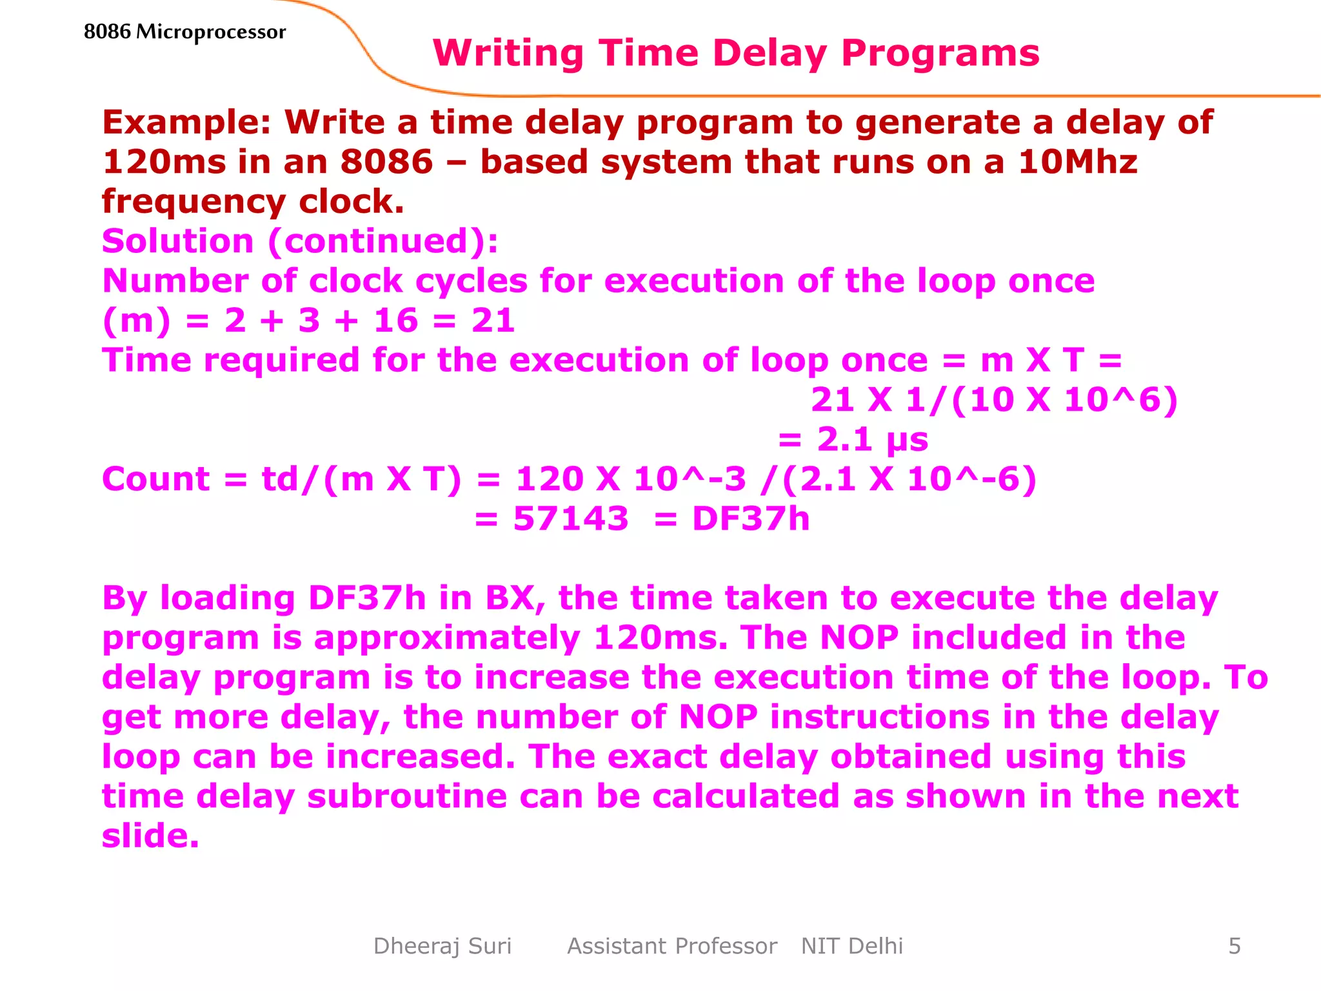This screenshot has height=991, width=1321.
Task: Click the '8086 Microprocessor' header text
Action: point(184,32)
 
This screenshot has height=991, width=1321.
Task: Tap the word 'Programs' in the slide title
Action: point(940,53)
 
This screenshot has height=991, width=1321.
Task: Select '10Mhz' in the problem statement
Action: point(1078,161)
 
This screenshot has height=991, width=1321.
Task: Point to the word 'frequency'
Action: point(194,203)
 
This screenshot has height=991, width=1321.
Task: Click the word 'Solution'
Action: point(178,241)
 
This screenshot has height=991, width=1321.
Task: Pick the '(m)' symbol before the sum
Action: point(137,321)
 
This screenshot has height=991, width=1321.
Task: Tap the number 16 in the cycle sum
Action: point(395,321)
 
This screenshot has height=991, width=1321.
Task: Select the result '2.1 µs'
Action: point(872,440)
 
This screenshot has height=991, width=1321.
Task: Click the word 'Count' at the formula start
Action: point(156,479)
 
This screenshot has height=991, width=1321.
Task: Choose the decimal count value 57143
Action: point(571,519)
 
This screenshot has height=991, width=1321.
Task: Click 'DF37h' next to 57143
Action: point(751,519)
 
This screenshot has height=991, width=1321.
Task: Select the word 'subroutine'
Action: point(407,796)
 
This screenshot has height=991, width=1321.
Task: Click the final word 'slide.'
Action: point(150,836)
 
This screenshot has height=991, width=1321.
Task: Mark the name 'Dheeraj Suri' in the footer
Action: point(442,946)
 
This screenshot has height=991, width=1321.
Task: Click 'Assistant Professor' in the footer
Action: point(672,946)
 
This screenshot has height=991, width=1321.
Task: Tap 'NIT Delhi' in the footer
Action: point(851,946)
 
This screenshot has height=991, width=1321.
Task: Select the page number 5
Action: point(1235,946)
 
